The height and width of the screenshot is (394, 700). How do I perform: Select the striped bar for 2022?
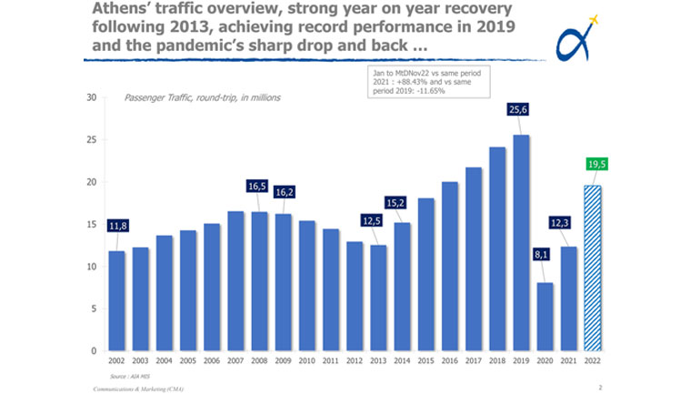click(x=592, y=268)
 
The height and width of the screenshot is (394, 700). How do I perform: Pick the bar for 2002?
click(x=117, y=300)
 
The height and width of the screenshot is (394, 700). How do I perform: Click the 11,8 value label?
click(x=117, y=226)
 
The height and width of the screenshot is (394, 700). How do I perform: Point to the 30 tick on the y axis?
click(x=91, y=98)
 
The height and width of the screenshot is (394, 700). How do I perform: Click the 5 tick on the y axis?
click(x=94, y=308)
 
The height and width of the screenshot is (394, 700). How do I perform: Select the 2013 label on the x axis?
click(x=377, y=360)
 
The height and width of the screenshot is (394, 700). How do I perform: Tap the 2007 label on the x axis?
click(x=235, y=360)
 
